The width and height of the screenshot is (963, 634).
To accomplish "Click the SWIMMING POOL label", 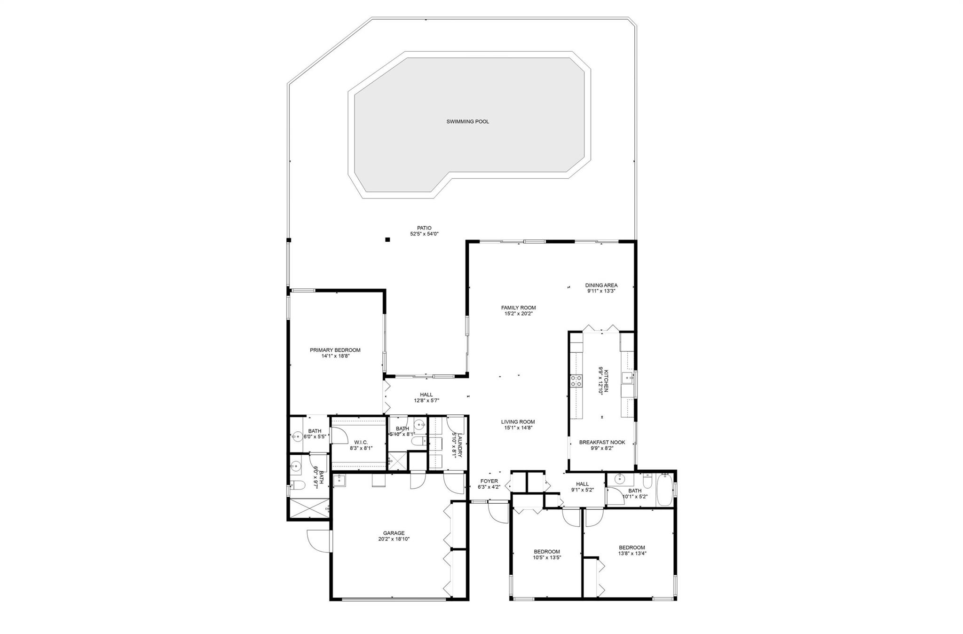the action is click(467, 122).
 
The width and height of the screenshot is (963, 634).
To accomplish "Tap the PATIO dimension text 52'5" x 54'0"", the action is click(424, 234).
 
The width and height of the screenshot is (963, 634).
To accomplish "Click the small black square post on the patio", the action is click(388, 239).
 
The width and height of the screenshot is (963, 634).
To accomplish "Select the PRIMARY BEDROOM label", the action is click(335, 350).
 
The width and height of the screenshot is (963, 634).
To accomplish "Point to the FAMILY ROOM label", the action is click(518, 308).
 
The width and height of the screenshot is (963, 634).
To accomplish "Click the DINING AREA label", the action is click(601, 285).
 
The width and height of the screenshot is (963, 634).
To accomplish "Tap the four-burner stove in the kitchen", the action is click(576, 380).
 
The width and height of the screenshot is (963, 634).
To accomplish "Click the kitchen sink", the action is click(626, 378).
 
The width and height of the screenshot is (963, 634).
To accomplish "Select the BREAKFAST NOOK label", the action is click(602, 443).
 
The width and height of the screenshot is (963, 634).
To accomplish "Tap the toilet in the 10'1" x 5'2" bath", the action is click(647, 481).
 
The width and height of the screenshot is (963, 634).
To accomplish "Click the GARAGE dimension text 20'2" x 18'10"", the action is click(394, 539).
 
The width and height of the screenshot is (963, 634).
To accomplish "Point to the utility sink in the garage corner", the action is click(339, 480).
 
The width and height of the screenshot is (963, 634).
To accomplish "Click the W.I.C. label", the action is click(361, 442).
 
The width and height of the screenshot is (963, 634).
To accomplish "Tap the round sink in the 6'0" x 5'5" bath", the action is click(296, 437).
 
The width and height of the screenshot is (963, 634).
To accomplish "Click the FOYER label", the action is click(489, 481).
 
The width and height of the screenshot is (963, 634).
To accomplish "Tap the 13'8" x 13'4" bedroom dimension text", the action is click(632, 553).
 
